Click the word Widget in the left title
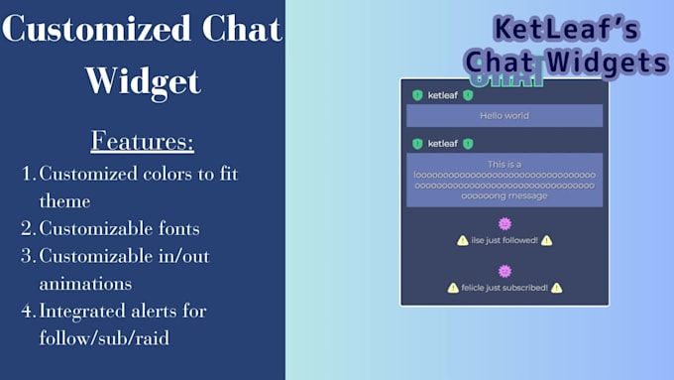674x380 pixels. [x=143, y=79]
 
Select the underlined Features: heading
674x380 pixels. [x=143, y=141]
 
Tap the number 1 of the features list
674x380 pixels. [x=27, y=174]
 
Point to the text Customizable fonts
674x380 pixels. [x=119, y=229]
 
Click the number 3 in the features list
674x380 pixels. [x=27, y=256]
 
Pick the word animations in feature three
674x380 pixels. [x=85, y=283]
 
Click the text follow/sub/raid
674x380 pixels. [x=104, y=337]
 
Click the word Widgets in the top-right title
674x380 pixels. [x=613, y=63]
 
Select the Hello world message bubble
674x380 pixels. [x=505, y=116]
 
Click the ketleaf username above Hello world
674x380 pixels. [x=442, y=95]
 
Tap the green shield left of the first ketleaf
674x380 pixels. [x=417, y=95]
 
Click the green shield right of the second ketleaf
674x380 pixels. [x=468, y=143]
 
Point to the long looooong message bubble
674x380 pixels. [x=505, y=179]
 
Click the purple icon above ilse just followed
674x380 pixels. [x=505, y=224]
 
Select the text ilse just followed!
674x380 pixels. [x=505, y=241]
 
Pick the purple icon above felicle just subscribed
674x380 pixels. [x=505, y=271]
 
